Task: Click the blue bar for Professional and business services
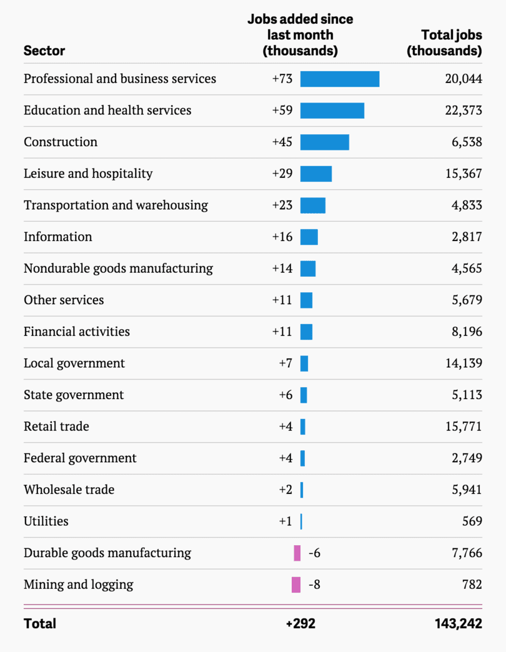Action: pos(339,79)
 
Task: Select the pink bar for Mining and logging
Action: pos(296,585)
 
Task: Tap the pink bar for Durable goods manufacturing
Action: pos(297,553)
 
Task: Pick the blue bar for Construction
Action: pos(324,142)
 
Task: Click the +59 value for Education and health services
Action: pos(282,111)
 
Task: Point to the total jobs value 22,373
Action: pos(463,111)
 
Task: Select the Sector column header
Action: pos(44,51)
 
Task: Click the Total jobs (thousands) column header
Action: pos(445,43)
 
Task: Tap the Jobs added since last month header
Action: pos(300,35)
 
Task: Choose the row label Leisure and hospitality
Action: pos(88,174)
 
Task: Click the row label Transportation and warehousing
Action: pos(116,205)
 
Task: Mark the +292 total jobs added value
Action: pos(300,623)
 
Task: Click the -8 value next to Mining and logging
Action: pos(314,585)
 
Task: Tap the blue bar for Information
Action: pos(309,237)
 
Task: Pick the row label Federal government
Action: pos(80,458)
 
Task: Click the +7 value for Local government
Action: pos(285,363)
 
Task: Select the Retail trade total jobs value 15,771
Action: pos(463,427)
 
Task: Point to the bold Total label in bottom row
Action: pos(40,623)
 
